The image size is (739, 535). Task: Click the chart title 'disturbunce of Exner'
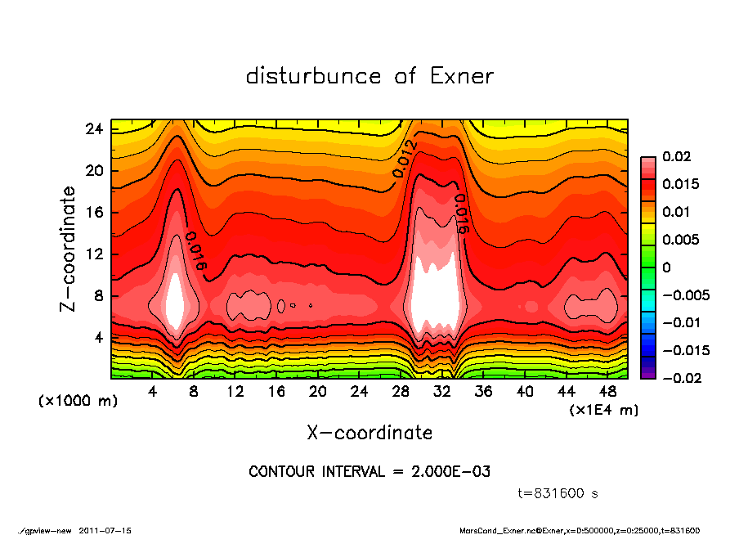coord(369,77)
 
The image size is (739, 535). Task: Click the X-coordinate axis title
coord(369,432)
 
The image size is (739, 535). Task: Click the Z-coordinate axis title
coord(69,250)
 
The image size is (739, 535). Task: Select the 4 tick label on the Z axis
coord(98,337)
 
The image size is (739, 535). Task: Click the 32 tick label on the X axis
coord(442,392)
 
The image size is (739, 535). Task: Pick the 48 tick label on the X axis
coord(608,392)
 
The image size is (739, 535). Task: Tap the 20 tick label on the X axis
coord(318,392)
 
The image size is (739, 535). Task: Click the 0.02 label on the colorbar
coord(675,156)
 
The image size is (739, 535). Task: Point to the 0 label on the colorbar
coord(667,267)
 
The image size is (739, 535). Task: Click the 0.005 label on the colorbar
coord(680,240)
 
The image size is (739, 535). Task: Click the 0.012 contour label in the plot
coord(405,159)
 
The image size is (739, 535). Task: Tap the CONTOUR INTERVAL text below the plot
coord(369,472)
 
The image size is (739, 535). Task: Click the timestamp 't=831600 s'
coord(558,493)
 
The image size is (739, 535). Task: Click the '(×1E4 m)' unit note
coord(603,409)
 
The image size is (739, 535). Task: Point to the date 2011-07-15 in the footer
coord(105,530)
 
